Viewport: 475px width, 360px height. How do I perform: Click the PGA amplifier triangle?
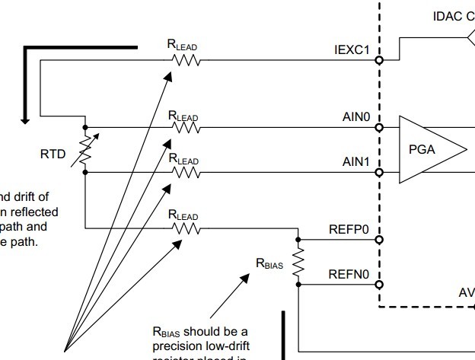click(430, 149)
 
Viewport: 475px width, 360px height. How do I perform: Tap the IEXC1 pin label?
click(352, 51)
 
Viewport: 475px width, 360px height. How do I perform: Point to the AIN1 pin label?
click(355, 162)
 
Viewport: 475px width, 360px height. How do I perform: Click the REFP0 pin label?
click(349, 228)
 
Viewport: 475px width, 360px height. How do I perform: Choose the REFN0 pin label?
click(349, 273)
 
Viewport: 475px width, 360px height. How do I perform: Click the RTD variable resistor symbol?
click(85, 150)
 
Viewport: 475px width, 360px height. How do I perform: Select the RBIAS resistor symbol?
click(298, 262)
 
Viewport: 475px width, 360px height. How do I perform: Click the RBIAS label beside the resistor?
click(269, 263)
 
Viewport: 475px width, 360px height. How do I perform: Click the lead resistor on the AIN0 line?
click(186, 128)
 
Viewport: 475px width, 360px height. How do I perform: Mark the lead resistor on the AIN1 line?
click(186, 172)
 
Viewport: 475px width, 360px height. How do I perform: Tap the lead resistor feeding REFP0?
click(186, 227)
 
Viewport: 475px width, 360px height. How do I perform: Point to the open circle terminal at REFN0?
click(378, 284)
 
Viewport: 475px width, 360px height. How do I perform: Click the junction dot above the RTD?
click(85, 128)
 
